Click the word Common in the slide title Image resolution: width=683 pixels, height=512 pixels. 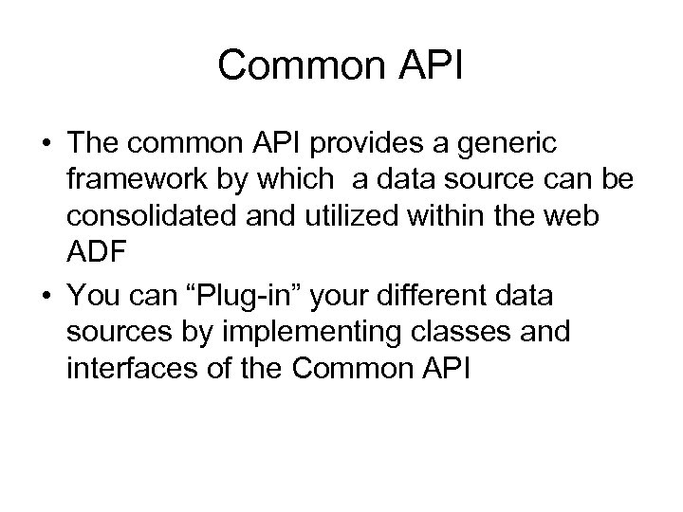[296, 66]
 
